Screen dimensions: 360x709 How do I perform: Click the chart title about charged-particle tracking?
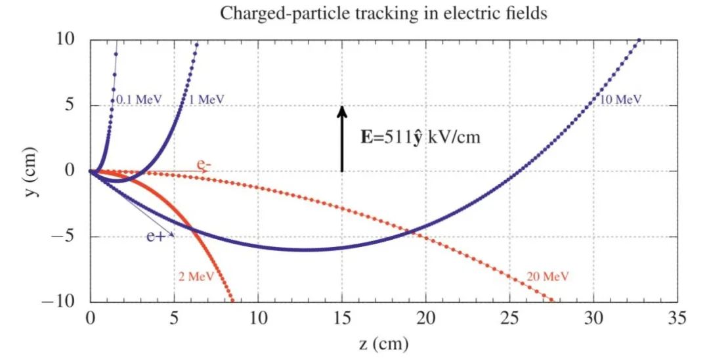coord(383,13)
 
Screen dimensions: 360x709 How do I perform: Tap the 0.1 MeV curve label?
coord(139,100)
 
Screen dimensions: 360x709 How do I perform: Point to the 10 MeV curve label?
coord(620,100)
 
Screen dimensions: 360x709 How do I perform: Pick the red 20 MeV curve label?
coord(548,277)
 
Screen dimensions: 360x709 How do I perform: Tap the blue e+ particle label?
coord(156,236)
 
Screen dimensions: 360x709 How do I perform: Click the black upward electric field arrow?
coord(341,139)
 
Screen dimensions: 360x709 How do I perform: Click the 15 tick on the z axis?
coord(342,319)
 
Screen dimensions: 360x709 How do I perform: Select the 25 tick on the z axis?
coord(509,319)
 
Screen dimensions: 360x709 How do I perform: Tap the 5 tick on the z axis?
coord(174,319)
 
